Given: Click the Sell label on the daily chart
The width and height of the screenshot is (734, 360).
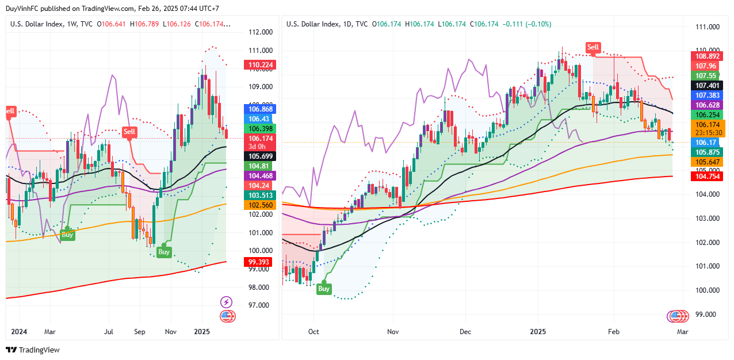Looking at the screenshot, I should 593,47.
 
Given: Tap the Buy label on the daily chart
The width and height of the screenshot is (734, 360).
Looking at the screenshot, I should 324,289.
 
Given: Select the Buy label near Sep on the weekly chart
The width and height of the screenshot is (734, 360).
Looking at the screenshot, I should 164,252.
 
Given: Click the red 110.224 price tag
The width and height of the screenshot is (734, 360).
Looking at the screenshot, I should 261,65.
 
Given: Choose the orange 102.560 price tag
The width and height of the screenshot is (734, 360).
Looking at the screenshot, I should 261,205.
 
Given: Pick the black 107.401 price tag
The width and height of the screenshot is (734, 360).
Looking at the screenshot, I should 707,85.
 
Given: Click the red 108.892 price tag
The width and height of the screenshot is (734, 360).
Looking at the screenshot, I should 707,56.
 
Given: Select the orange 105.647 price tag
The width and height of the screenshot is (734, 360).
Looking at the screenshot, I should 707,162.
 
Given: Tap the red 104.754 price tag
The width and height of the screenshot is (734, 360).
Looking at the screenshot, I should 707,176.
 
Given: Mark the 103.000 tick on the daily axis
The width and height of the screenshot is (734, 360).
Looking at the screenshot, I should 707,219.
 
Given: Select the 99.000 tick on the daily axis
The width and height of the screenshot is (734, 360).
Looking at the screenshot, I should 707,315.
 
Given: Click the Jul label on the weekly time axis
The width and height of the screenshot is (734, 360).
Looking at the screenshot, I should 109,332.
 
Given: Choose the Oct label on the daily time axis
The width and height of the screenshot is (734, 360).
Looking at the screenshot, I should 314,332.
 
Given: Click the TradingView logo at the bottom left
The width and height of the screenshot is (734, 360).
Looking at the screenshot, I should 33,350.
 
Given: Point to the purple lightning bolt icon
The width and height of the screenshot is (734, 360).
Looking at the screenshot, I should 227,302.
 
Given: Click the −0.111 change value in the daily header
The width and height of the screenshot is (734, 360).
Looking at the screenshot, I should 513,24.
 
